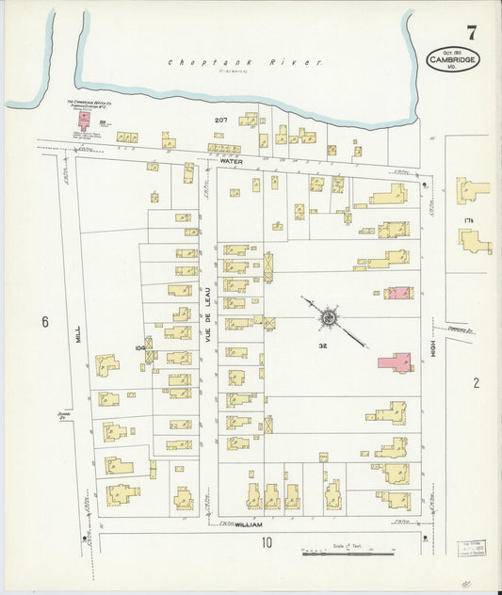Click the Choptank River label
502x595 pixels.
tap(246, 63)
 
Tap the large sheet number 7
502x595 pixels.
tap(471, 33)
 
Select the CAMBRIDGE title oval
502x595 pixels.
tap(451, 58)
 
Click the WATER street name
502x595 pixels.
tap(232, 161)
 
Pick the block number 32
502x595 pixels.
tap(322, 346)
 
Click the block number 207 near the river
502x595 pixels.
tap(220, 121)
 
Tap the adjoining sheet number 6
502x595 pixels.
tap(43, 322)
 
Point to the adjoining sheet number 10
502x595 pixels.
tap(267, 541)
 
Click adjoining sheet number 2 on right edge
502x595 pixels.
tap(476, 382)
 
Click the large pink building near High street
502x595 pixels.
tap(396, 362)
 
